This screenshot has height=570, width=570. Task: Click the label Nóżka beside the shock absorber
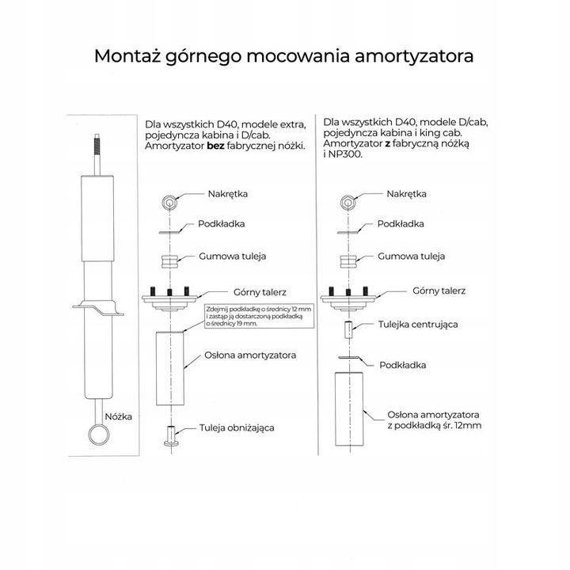coord(123,415)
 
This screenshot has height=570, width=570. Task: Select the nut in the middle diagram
coord(169,201)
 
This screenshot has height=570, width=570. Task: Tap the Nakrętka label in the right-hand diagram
coord(407,194)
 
